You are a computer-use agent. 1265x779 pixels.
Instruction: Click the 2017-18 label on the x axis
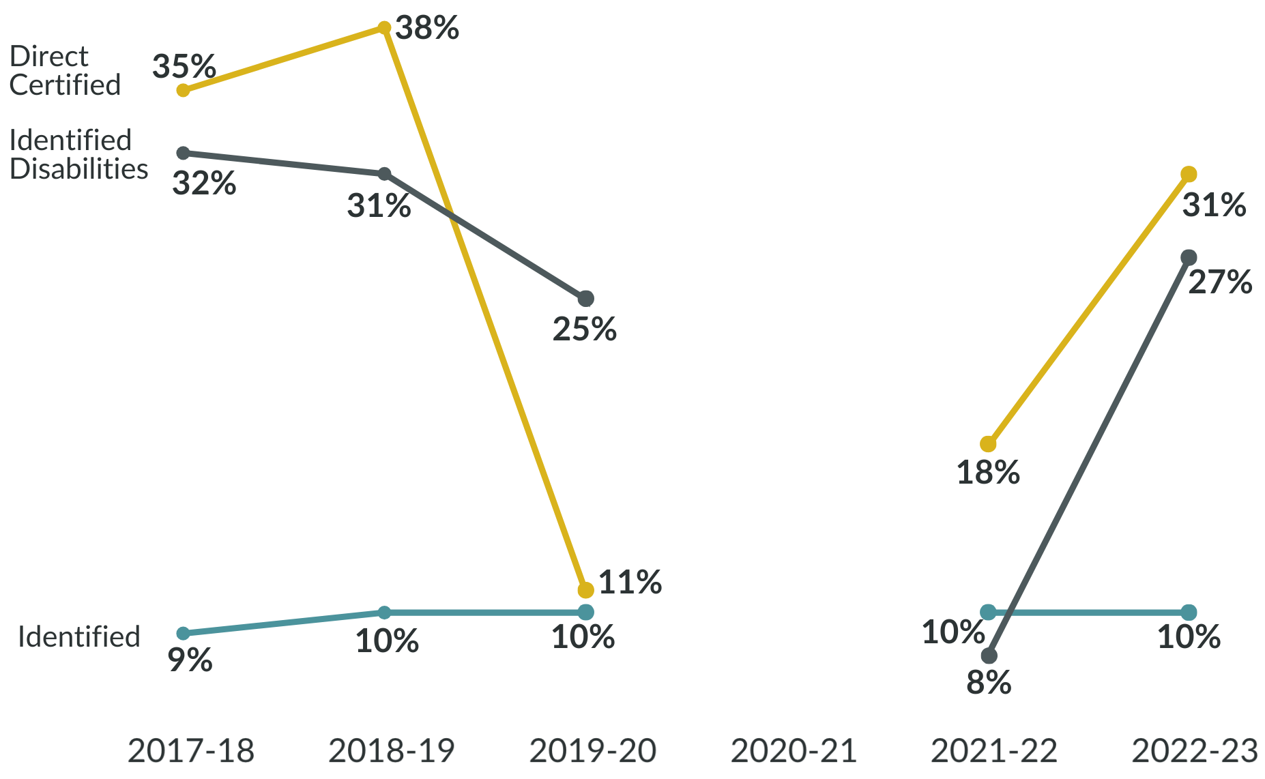pyautogui.click(x=190, y=751)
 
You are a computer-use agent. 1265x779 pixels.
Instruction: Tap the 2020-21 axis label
pyautogui.click(x=794, y=751)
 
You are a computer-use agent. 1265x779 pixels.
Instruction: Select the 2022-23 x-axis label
pyautogui.click(x=1195, y=751)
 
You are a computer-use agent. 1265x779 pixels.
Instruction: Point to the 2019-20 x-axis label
pyautogui.click(x=592, y=751)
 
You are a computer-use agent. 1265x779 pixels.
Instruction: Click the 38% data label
pyautogui.click(x=427, y=28)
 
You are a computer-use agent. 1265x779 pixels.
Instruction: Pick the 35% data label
pyautogui.click(x=184, y=66)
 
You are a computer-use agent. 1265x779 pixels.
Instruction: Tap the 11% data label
pyautogui.click(x=630, y=583)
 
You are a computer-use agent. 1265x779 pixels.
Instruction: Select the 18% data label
pyautogui.click(x=987, y=473)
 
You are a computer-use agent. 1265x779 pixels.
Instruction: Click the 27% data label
pyautogui.click(x=1220, y=282)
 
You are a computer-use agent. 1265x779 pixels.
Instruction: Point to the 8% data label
pyautogui.click(x=988, y=681)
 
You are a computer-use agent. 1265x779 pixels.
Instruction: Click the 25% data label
pyautogui.click(x=584, y=329)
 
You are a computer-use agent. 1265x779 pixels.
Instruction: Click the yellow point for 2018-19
pyautogui.click(x=385, y=28)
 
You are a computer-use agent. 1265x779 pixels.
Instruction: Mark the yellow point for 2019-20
pyautogui.click(x=585, y=589)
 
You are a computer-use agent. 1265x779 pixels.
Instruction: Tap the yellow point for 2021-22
pyautogui.click(x=988, y=444)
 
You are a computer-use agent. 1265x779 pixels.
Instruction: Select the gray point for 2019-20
pyautogui.click(x=585, y=299)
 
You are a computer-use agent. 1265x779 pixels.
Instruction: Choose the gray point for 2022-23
pyautogui.click(x=1189, y=257)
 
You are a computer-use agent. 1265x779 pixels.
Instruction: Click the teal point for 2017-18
pyautogui.click(x=183, y=634)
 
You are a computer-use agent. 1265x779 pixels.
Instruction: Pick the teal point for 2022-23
pyautogui.click(x=1189, y=612)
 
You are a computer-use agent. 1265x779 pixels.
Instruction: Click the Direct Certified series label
pyautogui.click(x=65, y=71)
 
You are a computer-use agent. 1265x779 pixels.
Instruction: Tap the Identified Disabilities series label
pyautogui.click(x=78, y=155)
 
